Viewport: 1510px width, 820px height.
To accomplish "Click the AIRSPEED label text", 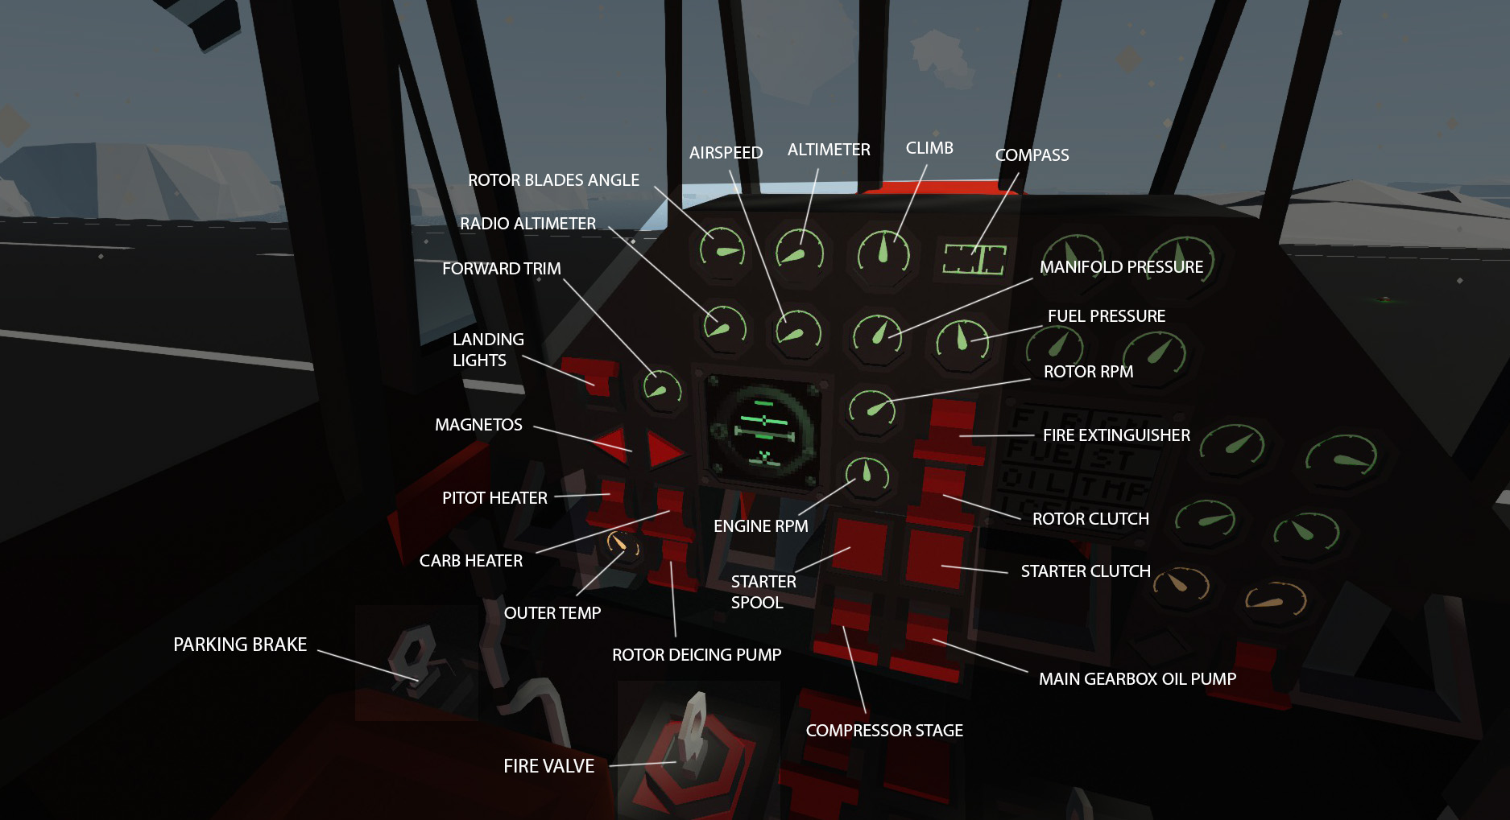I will [726, 153].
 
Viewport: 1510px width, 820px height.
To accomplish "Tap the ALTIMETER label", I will [829, 150].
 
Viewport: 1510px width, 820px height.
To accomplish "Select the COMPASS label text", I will [1032, 155].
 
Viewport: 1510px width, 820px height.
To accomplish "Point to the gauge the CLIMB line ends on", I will [883, 252].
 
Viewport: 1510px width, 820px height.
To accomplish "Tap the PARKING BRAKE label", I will [240, 645].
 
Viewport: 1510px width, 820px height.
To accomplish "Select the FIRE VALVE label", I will [548, 766].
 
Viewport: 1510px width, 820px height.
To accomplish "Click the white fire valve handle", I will [693, 728].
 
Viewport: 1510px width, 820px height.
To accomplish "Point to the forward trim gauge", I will [661, 389].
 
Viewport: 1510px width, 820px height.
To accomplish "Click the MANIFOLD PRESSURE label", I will [1121, 267].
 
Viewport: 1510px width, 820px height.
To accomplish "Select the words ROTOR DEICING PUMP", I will [697, 655].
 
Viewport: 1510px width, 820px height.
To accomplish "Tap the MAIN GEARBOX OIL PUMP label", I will [1137, 679].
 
